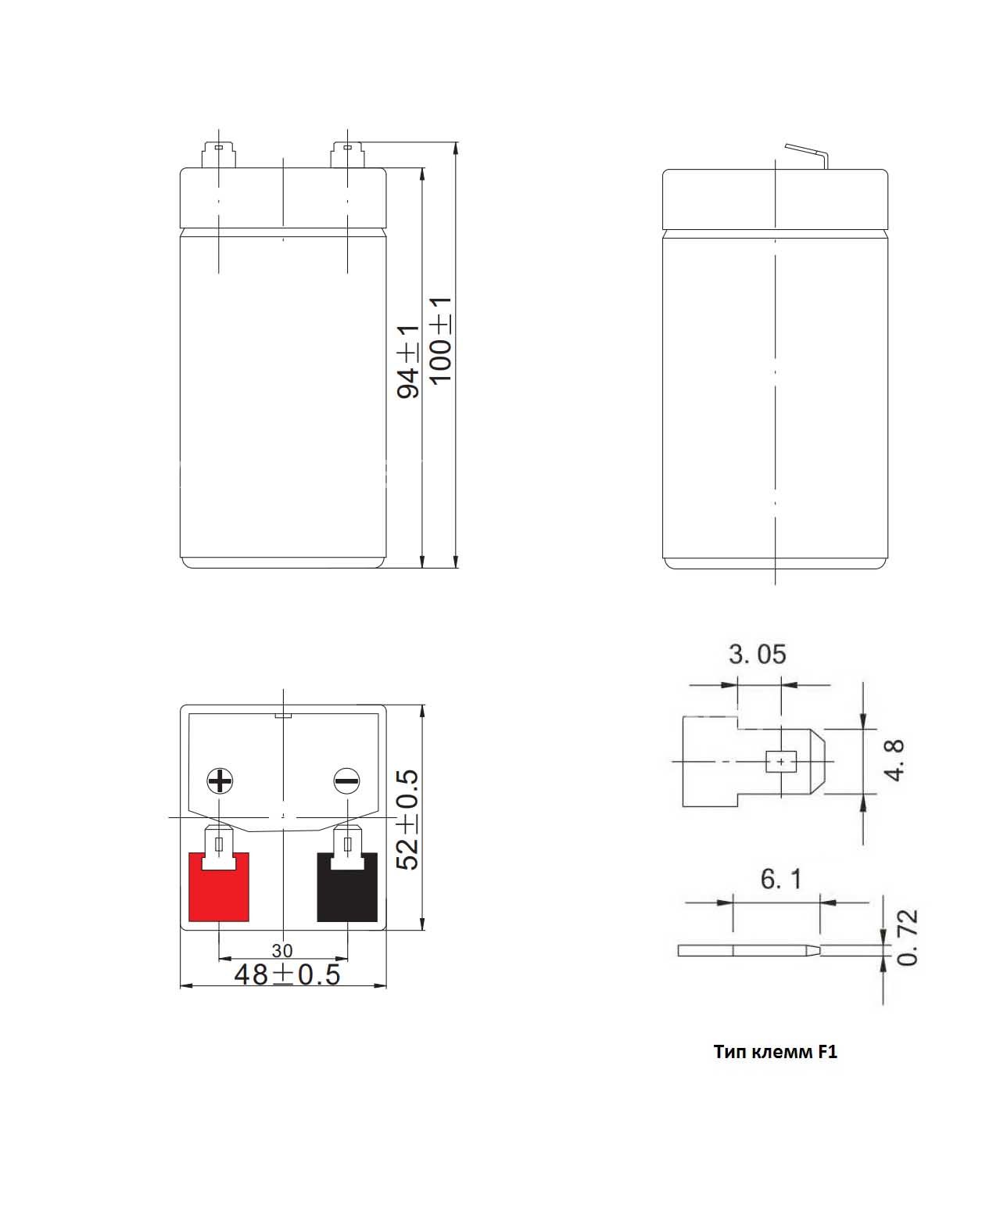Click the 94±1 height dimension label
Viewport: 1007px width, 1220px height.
(408, 361)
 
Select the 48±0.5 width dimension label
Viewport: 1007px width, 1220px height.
(288, 974)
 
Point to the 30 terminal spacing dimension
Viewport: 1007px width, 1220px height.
(282, 951)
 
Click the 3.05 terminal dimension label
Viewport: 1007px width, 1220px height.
(757, 654)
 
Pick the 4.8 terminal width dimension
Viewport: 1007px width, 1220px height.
(894, 760)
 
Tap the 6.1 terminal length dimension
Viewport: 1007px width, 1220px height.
(781, 879)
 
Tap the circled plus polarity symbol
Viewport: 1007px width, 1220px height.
(220, 780)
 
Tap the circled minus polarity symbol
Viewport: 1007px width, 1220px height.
(347, 780)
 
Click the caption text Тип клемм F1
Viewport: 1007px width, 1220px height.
(775, 1052)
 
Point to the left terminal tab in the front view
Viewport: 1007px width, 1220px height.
(218, 155)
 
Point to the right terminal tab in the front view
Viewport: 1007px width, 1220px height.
(347, 155)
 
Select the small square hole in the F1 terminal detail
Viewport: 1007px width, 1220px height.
(781, 762)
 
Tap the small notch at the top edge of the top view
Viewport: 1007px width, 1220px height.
(283, 715)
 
